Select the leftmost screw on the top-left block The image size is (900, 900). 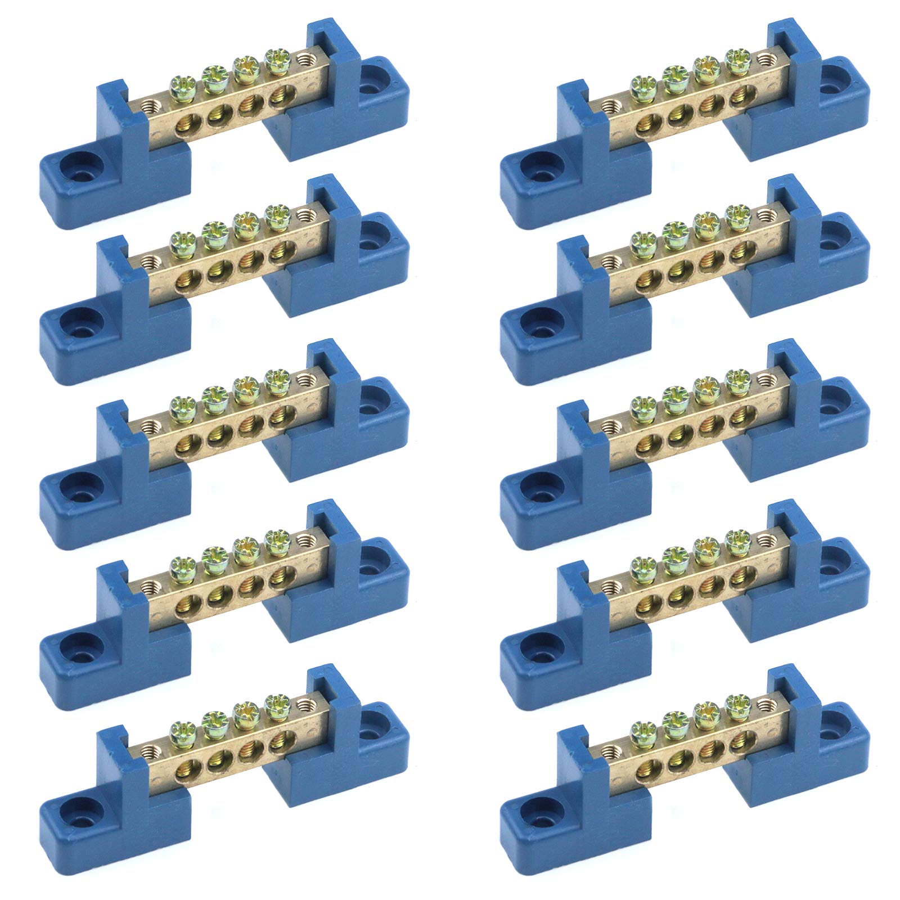[x=179, y=83]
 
